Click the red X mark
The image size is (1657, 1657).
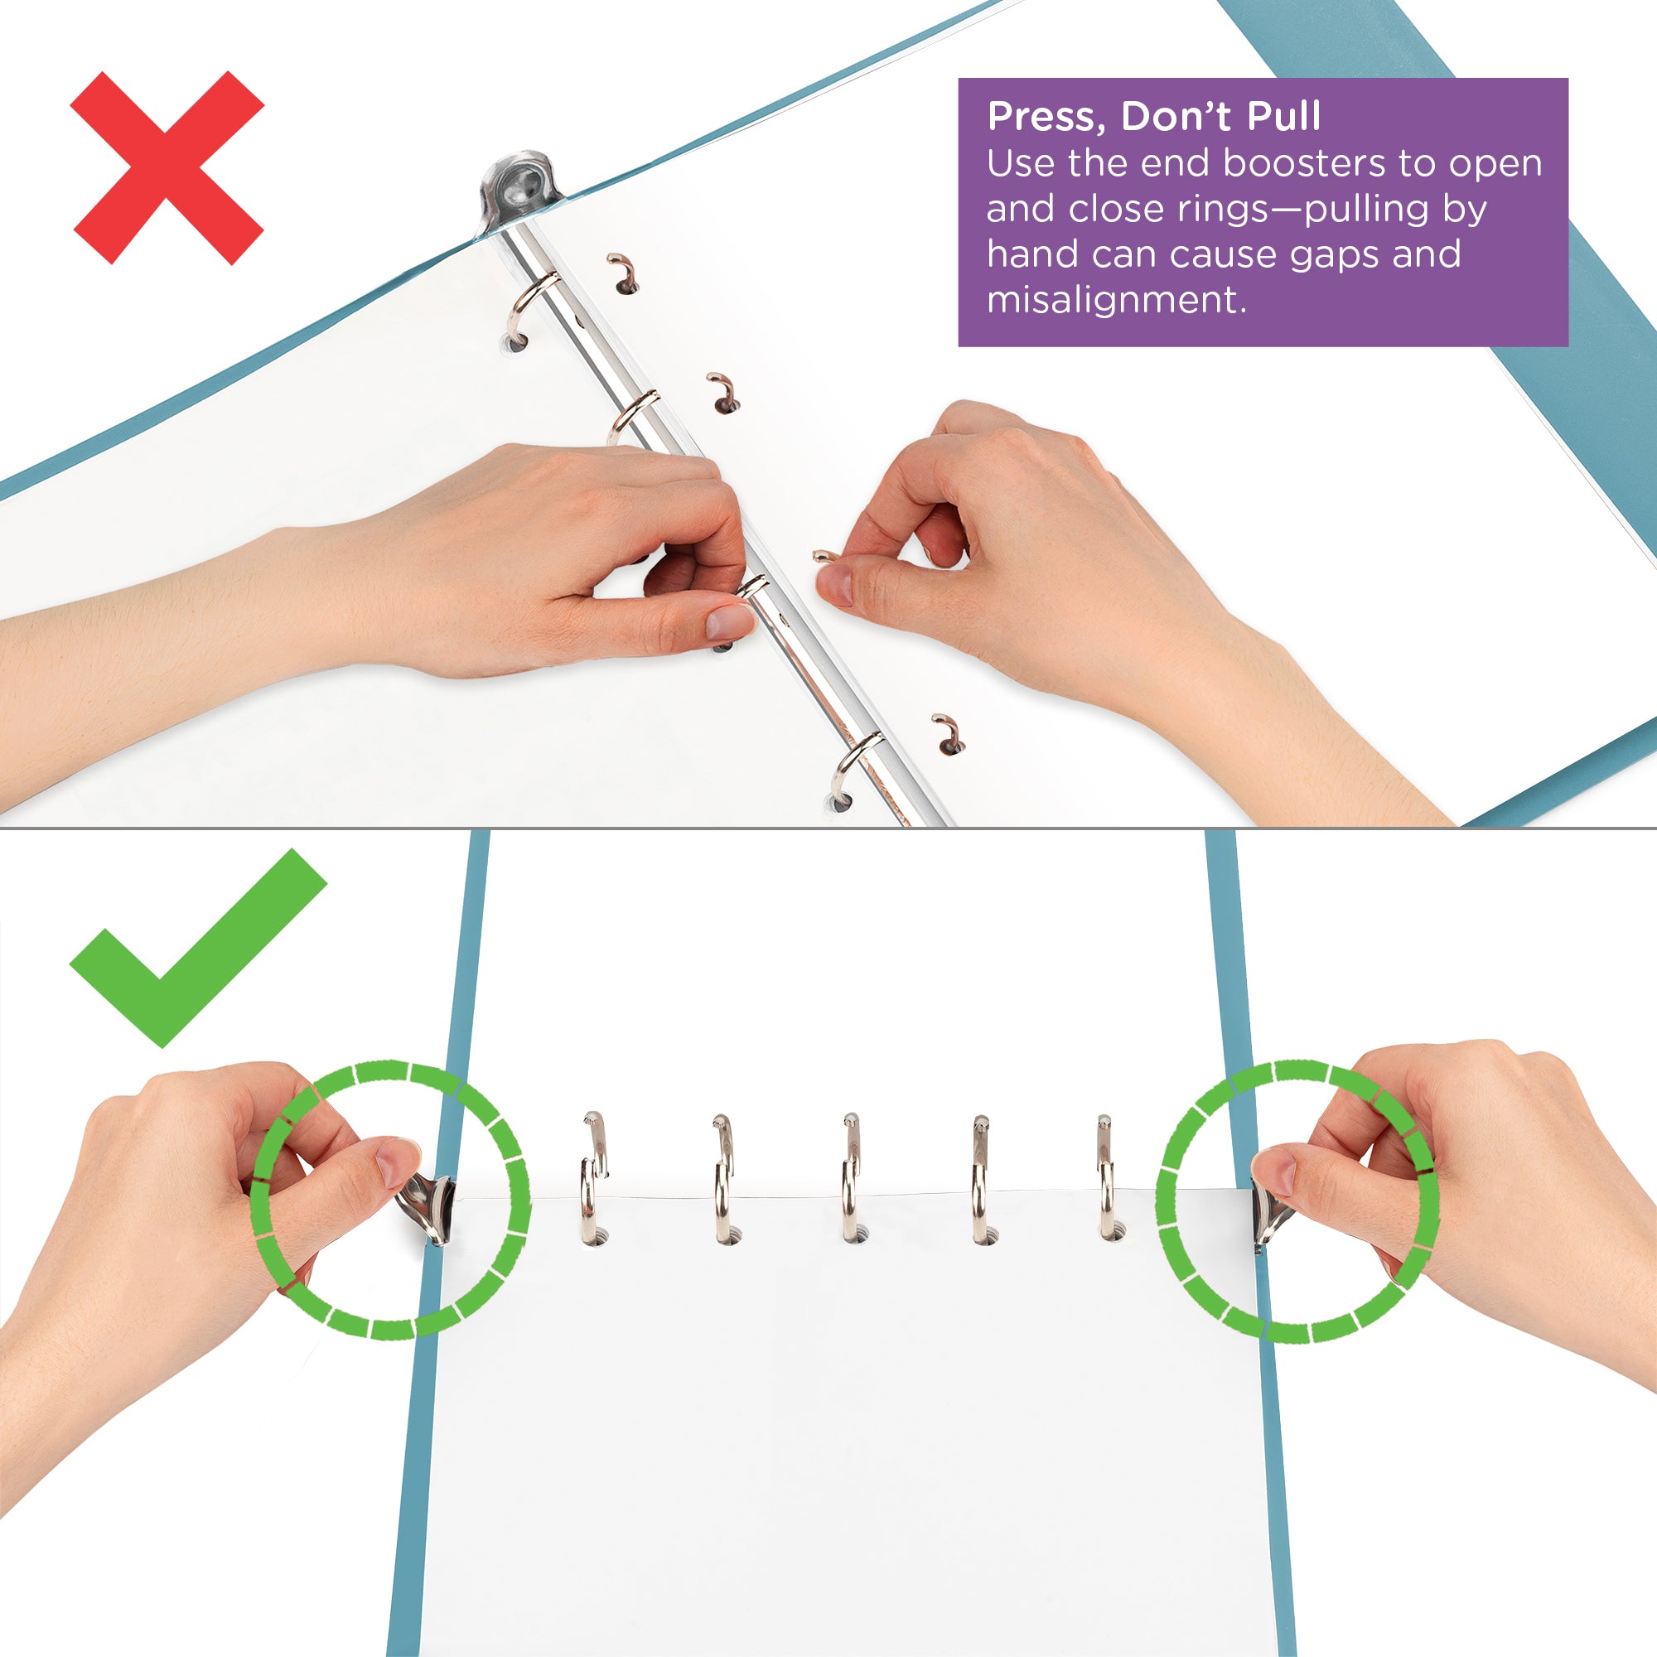pyautogui.click(x=167, y=167)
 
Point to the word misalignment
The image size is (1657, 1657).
pyautogui.click(x=1115, y=299)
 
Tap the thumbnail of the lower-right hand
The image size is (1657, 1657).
pyautogui.click(x=1274, y=1173)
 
